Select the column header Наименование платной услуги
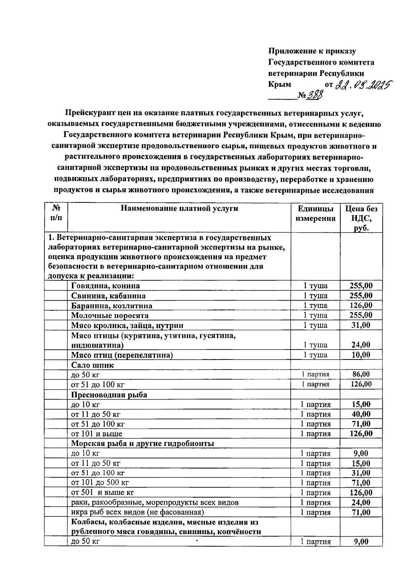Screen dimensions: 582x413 tap(179, 208)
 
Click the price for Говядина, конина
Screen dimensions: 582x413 tap(361, 285)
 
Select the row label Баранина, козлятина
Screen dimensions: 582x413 tap(112, 306)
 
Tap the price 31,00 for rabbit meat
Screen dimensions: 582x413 tap(361, 325)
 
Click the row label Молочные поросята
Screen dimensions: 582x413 tap(110, 315)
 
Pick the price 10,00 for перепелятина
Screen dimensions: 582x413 tap(361, 355)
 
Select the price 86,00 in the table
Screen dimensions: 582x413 tap(361, 374)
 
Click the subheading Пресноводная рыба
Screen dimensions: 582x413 tap(109, 395)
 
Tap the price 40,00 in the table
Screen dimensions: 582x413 tap(361, 414)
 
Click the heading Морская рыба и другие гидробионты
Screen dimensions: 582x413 tap(142, 444)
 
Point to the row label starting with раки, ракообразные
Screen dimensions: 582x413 tap(155, 502)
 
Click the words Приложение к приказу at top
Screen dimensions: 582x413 tap(312, 51)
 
